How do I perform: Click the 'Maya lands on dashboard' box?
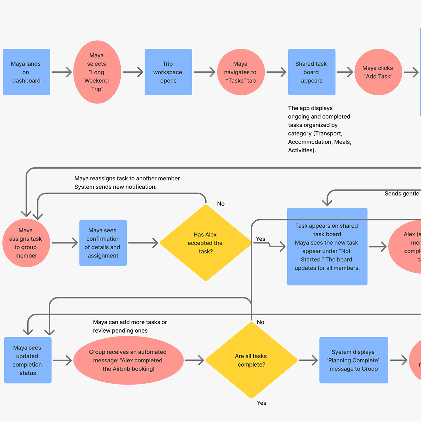(26, 72)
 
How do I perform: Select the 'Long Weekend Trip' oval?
(97, 72)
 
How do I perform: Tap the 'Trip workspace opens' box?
(168, 72)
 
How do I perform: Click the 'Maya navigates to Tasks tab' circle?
(241, 72)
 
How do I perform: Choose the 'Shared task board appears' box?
(312, 72)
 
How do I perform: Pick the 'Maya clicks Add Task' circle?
(378, 72)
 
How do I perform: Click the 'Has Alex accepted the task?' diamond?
(206, 243)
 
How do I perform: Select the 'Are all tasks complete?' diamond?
(251, 360)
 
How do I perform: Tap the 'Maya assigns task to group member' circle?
(26, 243)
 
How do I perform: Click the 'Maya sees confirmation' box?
(103, 243)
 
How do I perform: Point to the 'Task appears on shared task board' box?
(327, 247)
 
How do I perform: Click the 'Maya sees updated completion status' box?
(28, 360)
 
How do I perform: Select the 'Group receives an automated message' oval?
(128, 360)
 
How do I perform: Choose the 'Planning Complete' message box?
(354, 360)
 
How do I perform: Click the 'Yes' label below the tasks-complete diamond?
(261, 403)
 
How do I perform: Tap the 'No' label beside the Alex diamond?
(221, 203)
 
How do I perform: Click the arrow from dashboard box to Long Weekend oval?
(62, 72)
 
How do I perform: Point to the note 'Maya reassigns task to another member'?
(127, 178)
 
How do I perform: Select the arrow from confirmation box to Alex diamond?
(143, 243)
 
